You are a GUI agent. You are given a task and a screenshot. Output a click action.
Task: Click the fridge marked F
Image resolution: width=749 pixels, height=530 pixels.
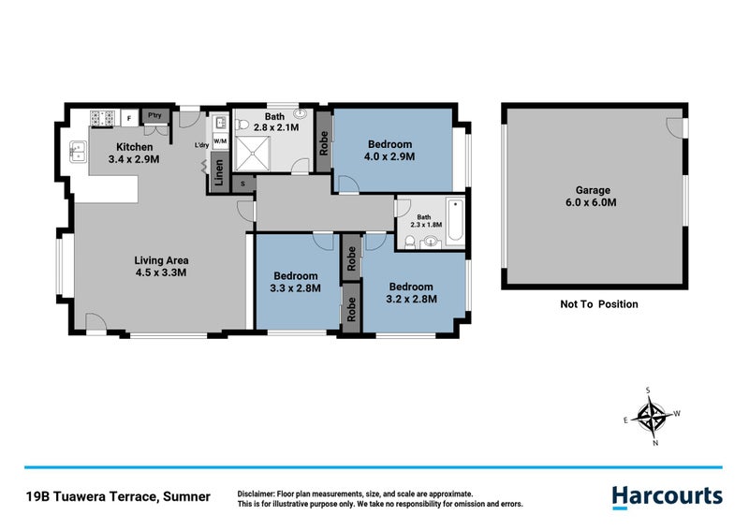(x=127, y=118)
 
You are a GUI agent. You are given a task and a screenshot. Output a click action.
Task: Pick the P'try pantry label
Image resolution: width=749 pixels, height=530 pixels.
(x=154, y=117)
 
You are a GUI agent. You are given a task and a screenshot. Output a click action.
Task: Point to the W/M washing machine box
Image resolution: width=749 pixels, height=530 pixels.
(x=220, y=140)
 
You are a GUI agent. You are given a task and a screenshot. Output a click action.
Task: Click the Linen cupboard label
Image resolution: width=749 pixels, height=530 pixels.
(x=217, y=174)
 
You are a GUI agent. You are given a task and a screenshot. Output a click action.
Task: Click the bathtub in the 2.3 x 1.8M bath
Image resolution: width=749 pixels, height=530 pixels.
(x=456, y=222)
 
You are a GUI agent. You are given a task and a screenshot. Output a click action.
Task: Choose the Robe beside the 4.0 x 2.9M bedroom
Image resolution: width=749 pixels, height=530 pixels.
(x=324, y=140)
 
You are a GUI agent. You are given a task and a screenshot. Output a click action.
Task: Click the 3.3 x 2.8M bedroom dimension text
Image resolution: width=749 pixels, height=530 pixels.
(x=297, y=288)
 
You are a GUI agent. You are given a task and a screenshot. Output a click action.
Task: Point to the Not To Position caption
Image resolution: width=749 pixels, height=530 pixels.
(x=598, y=304)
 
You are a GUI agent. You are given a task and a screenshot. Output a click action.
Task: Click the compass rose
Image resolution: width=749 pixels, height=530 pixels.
(x=652, y=415)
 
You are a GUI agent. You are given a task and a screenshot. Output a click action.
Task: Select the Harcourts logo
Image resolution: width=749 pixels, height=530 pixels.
(x=667, y=496)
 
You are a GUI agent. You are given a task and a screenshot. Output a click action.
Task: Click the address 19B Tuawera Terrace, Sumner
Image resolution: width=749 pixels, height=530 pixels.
(x=117, y=495)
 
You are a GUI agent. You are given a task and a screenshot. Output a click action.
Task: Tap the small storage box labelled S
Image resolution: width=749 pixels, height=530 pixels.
(x=243, y=184)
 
